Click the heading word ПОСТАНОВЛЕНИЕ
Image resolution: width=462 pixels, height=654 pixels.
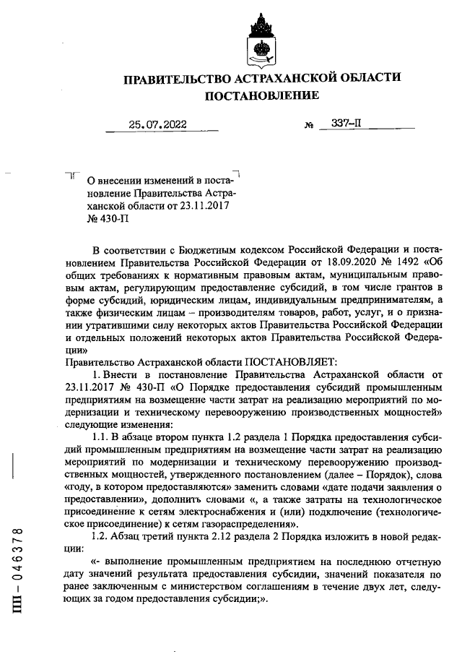tap(262, 96)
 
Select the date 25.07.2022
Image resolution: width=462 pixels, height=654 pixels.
tap(157, 125)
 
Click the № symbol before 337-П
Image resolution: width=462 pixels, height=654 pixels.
tap(310, 126)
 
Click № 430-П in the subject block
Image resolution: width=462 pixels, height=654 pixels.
tap(103, 218)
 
